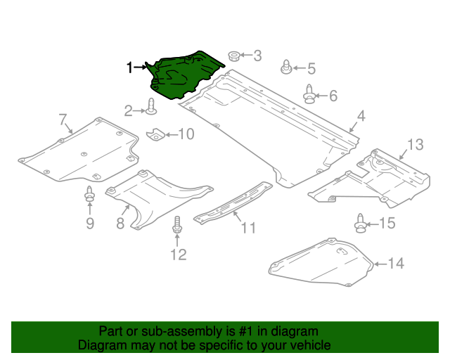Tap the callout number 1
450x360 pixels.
coord(129,67)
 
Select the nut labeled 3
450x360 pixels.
coord(234,56)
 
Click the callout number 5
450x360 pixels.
coord(311,68)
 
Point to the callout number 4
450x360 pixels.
coord(360,116)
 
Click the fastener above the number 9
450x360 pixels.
coord(89,195)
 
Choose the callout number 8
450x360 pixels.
coord(120,224)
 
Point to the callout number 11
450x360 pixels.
coord(248,228)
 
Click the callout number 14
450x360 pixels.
coord(396,264)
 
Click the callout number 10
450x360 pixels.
coord(185,134)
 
